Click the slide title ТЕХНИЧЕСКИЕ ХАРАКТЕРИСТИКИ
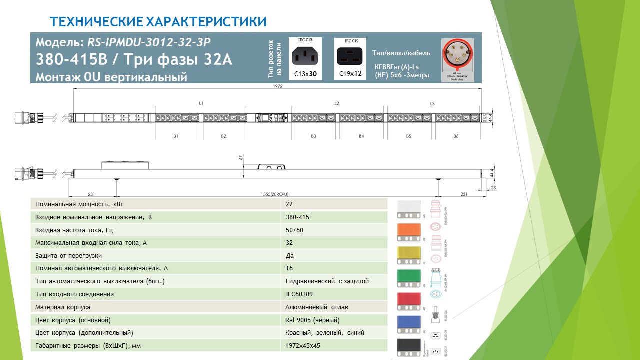pyautogui.click(x=158, y=22)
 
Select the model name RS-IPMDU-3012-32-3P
pyautogui.click(x=150, y=42)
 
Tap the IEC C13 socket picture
pyautogui.click(x=306, y=55)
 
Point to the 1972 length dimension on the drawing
pyautogui.click(x=278, y=86)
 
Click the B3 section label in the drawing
pyautogui.click(x=313, y=136)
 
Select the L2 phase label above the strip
pyautogui.click(x=336, y=103)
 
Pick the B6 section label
pyautogui.click(x=456, y=136)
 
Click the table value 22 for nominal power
pyautogui.click(x=289, y=204)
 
